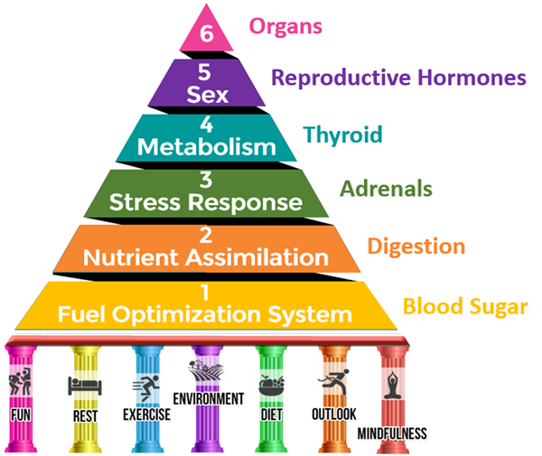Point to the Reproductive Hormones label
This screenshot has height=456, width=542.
tap(398, 79)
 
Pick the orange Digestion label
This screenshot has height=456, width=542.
tap(416, 246)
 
